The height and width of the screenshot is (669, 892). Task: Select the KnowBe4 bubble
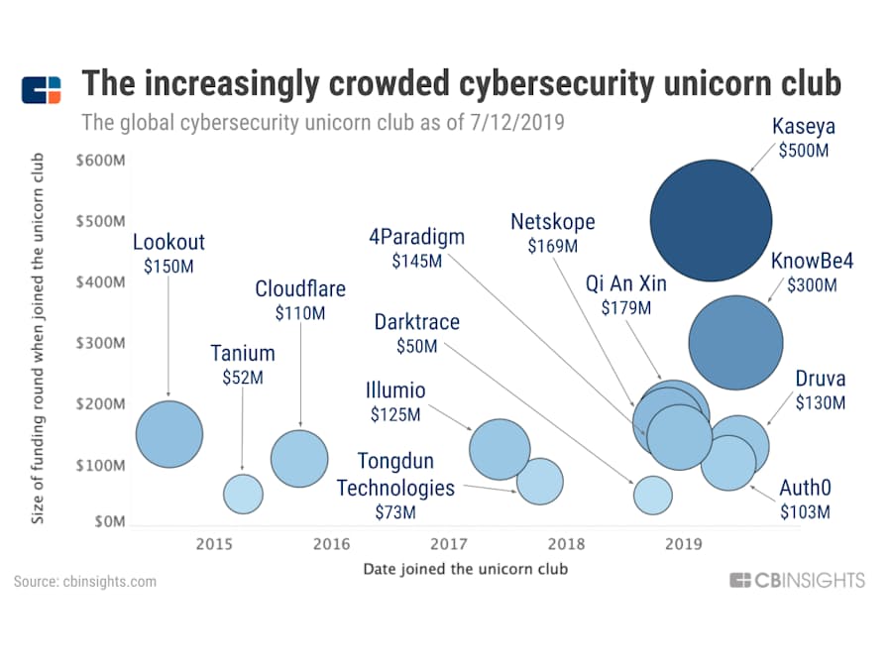pyautogui.click(x=735, y=343)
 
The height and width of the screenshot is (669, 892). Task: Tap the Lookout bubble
pyautogui.click(x=169, y=434)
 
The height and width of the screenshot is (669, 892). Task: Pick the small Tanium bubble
pyautogui.click(x=243, y=493)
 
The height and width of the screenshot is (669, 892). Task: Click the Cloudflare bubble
pyautogui.click(x=299, y=459)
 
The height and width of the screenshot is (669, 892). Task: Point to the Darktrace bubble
pyautogui.click(x=652, y=494)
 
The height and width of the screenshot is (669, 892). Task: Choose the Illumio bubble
pyautogui.click(x=501, y=449)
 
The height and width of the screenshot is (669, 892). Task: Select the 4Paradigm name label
pyautogui.click(x=416, y=238)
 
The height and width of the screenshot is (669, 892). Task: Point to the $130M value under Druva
pyautogui.click(x=821, y=403)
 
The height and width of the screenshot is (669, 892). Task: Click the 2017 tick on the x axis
pyautogui.click(x=449, y=543)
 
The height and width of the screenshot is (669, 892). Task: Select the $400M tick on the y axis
pyautogui.click(x=100, y=282)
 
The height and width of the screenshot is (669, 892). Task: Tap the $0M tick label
pyautogui.click(x=106, y=523)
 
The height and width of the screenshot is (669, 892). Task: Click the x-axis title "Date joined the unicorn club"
pyautogui.click(x=465, y=569)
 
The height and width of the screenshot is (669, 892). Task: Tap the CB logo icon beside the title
pyautogui.click(x=42, y=89)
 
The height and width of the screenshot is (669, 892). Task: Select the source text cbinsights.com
pyautogui.click(x=85, y=582)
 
